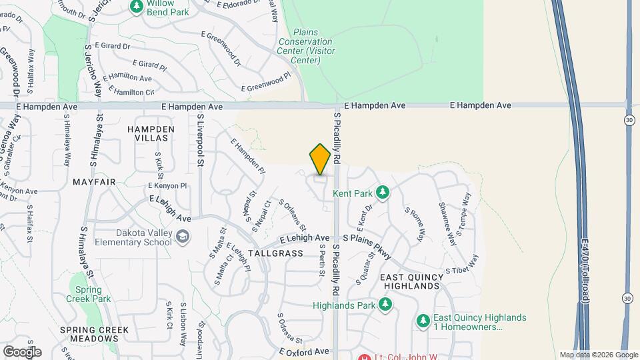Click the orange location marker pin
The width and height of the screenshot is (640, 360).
[320, 159]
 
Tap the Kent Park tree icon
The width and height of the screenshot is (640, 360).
[382, 193]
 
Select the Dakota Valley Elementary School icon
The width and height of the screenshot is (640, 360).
[182, 237]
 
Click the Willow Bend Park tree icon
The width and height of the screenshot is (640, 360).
[137, 6]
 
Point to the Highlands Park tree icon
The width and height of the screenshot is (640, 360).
[385, 305]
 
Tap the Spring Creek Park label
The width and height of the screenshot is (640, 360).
[89, 295]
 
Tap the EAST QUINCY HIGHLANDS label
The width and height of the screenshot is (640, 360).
[411, 281]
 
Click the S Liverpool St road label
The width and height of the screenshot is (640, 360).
[199, 139]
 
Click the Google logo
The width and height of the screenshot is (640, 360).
[22, 351]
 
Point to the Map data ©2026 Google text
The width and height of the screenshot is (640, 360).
[598, 355]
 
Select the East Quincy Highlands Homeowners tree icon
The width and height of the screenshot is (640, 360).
[423, 321]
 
